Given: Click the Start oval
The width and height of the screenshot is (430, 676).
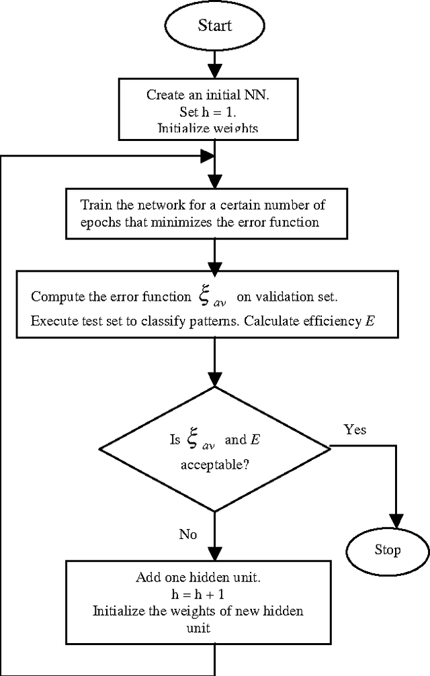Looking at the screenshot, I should tap(214, 26).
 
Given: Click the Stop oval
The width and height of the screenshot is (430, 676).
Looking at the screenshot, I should tap(386, 550).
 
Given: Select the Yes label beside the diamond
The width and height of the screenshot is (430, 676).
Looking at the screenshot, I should tap(355, 429).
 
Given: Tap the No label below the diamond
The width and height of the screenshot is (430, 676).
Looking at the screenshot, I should tap(187, 534).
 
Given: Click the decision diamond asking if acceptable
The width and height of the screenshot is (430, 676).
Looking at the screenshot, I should tap(214, 448).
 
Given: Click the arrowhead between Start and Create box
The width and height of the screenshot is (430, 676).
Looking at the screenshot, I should tap(214, 70).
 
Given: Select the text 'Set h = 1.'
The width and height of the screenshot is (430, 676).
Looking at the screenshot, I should tap(214, 111).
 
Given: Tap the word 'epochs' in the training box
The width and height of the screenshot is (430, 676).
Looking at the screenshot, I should tap(99, 222).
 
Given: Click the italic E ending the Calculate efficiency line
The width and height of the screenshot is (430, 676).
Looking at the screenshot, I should tap(370, 320).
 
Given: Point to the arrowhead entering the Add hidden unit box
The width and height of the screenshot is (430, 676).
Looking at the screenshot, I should tap(214, 552).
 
